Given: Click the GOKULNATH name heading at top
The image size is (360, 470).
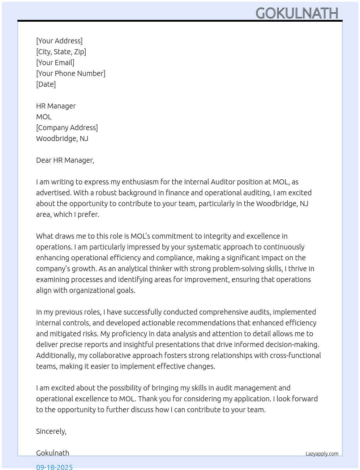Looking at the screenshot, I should coord(297,13).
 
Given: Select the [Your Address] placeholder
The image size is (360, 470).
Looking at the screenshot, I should coord(59,41).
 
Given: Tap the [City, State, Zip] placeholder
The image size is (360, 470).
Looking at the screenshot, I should coord(61,52).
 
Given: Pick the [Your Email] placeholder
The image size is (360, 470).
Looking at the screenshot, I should coord(55,63).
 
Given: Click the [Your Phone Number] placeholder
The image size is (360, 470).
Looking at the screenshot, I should coord(71,73).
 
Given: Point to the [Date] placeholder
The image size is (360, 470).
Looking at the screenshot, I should coord(46,84).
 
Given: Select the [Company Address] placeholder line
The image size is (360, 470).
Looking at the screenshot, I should coord(67,128).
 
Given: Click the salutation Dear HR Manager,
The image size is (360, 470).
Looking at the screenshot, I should coord(65,160).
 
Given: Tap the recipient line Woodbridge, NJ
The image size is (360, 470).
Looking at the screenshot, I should coord(62,138).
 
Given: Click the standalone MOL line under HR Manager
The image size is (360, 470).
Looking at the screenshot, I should coord(44,117).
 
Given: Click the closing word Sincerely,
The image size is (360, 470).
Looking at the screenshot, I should coord(51,431).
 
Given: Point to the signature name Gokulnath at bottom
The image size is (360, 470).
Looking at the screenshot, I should coord(53,453).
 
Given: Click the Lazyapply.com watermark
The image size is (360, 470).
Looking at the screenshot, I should coord(322,454).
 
